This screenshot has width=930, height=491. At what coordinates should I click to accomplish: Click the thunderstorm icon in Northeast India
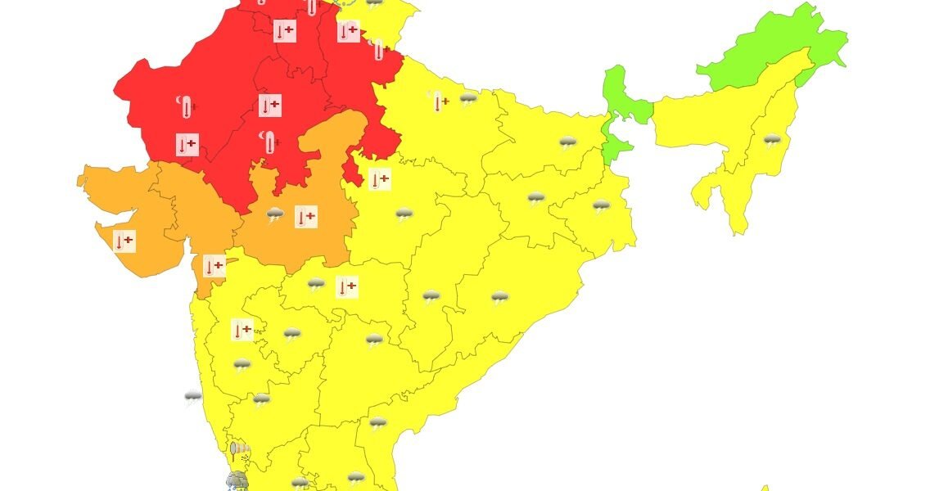pyautogui.click(x=771, y=141)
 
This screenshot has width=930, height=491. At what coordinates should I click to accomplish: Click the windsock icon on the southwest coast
pyautogui.click(x=240, y=449)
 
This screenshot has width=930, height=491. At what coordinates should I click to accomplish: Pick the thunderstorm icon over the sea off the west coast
pyautogui.click(x=193, y=398)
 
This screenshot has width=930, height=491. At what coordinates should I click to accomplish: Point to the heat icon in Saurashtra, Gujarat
pyautogui.click(x=124, y=241)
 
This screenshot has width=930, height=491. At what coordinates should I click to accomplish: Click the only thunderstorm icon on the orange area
pyautogui.click(x=275, y=216)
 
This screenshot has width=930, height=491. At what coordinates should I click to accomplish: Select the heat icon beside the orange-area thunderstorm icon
pyautogui.click(x=305, y=217)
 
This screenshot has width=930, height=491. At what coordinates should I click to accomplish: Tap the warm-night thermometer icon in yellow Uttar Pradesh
pyautogui.click(x=437, y=101)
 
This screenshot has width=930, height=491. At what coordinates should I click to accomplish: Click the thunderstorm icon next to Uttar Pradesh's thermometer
pyautogui.click(x=468, y=100)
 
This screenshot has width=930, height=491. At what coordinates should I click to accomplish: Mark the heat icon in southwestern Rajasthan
pyautogui.click(x=187, y=145)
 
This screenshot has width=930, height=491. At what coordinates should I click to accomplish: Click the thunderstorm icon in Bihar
pyautogui.click(x=567, y=143)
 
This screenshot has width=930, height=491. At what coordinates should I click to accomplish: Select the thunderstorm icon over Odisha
pyautogui.click(x=499, y=298)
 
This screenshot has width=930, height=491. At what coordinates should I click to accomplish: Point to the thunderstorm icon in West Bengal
pyautogui.click(x=601, y=206)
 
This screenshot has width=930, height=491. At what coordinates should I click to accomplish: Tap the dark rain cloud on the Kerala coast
pyautogui.click(x=237, y=480)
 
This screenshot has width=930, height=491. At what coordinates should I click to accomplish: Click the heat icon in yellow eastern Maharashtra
pyautogui.click(x=347, y=286)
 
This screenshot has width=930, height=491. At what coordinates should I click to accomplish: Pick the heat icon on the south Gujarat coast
pyautogui.click(x=214, y=266)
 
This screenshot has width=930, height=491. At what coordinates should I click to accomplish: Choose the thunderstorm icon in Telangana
pyautogui.click(x=374, y=340)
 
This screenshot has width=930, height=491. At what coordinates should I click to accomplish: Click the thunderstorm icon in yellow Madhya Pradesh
pyautogui.click(x=404, y=215)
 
